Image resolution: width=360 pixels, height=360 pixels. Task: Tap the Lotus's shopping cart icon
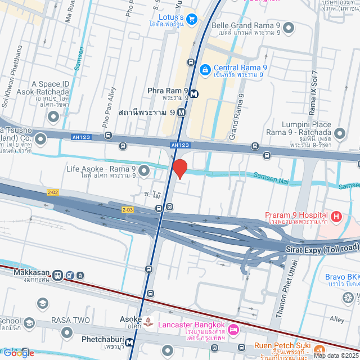pyautogui.click(x=192, y=19)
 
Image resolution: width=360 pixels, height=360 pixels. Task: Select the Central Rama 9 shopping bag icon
pyautogui.click(x=205, y=70)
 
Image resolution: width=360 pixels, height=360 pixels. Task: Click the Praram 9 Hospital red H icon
pyautogui.click(x=336, y=216)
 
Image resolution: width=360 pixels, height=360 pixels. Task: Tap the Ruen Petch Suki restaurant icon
pyautogui.click(x=319, y=349)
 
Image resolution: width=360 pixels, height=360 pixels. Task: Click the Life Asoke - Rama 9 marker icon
pyautogui.click(x=144, y=169)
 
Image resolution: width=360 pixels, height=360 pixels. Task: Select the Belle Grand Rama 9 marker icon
pyautogui.click(x=289, y=28)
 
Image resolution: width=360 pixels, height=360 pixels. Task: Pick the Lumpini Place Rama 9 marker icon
pyautogui.click(x=339, y=134)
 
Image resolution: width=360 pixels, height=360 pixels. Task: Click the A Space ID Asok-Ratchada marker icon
pyautogui.click(x=54, y=117)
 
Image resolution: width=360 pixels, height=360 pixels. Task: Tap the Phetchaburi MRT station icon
pyautogui.click(x=130, y=341)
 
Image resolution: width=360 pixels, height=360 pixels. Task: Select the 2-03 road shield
pyautogui.click(x=128, y=210)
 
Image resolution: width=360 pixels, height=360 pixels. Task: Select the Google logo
pyautogui.click(x=18, y=353)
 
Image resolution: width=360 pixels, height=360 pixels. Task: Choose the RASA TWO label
pyautogui.click(x=70, y=320)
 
